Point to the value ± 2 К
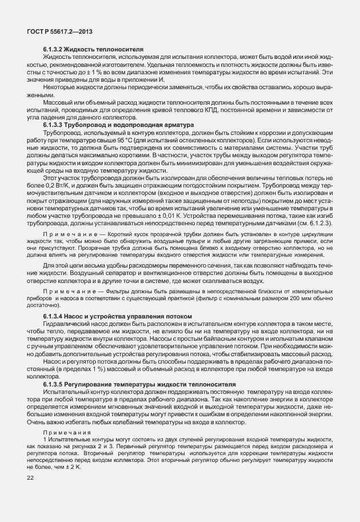click(x=72, y=467)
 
